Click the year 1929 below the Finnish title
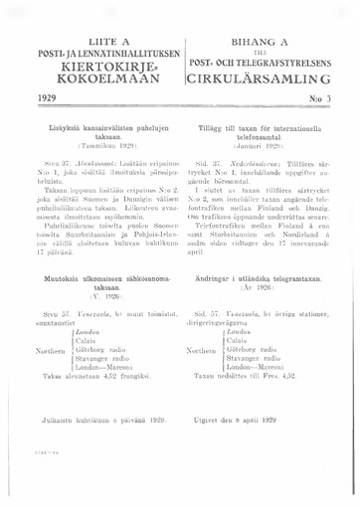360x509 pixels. click(45, 99)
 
